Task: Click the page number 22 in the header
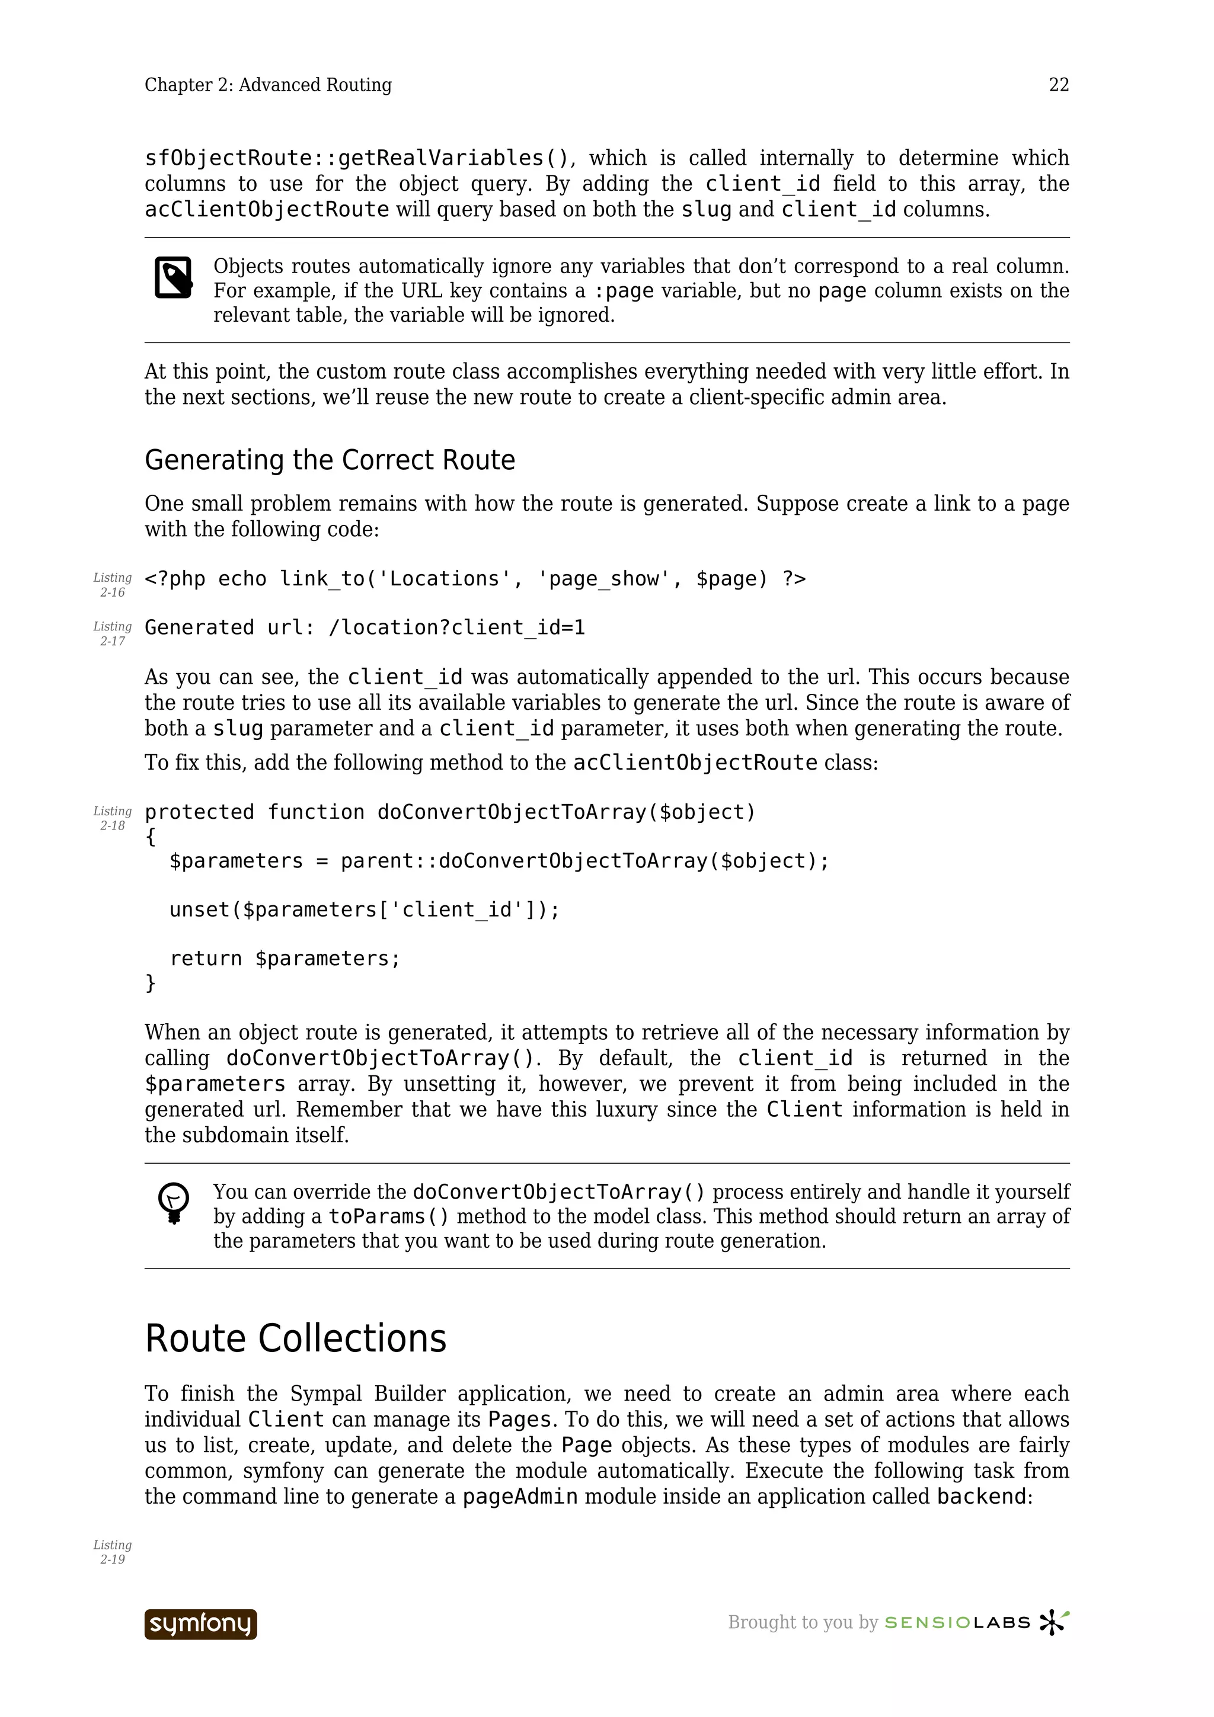(1059, 85)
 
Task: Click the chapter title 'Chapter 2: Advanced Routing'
(268, 85)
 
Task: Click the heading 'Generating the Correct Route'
(329, 460)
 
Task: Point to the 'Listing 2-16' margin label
(112, 585)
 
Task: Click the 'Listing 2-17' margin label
(112, 633)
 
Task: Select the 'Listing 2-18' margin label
(112, 818)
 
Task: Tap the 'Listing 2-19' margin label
(112, 1552)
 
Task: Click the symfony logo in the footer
(200, 1624)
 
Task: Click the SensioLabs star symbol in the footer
(1054, 1622)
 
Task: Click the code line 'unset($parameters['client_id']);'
(365, 910)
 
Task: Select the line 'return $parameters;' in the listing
(285, 959)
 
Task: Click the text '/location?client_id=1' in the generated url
(456, 628)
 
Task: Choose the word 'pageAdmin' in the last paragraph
(520, 1497)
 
